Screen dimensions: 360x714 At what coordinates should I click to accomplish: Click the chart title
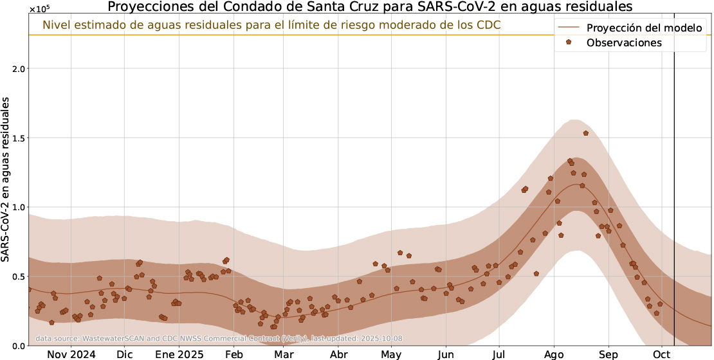click(x=370, y=7)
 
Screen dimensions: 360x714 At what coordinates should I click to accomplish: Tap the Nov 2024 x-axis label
click(x=71, y=354)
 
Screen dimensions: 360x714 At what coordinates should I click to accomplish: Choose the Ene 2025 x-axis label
click(x=179, y=354)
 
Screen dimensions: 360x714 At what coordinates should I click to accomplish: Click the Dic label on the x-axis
click(x=125, y=354)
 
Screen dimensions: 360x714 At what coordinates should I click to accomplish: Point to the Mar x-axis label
click(x=284, y=354)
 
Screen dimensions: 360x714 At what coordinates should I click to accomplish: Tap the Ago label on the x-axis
click(x=554, y=354)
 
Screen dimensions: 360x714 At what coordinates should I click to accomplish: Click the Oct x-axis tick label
click(x=662, y=354)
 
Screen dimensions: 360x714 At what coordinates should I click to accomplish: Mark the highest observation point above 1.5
click(x=586, y=133)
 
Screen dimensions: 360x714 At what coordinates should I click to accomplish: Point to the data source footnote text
click(x=219, y=338)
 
